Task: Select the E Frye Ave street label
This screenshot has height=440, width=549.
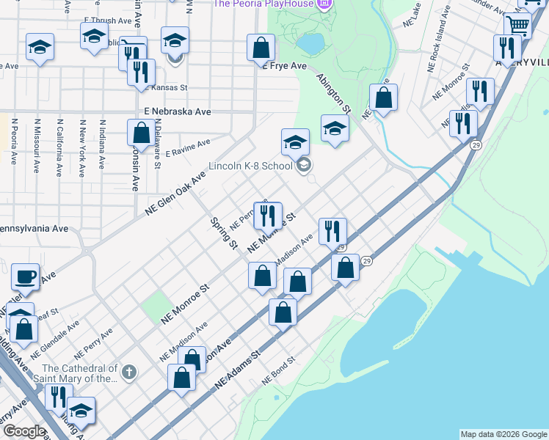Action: click(x=285, y=66)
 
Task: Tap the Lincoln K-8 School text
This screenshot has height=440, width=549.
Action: click(x=250, y=166)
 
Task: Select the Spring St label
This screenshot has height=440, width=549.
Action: click(x=223, y=232)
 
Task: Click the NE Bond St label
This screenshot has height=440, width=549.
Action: click(x=278, y=373)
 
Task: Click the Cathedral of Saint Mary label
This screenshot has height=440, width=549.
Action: click(x=80, y=373)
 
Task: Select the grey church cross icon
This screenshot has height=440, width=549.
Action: click(x=128, y=373)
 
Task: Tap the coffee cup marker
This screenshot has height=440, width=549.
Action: click(x=25, y=277)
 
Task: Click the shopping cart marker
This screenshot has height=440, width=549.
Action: click(x=518, y=26)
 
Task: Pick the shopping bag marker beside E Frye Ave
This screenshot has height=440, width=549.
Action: click(x=261, y=48)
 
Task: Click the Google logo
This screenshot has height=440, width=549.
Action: click(x=23, y=431)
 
